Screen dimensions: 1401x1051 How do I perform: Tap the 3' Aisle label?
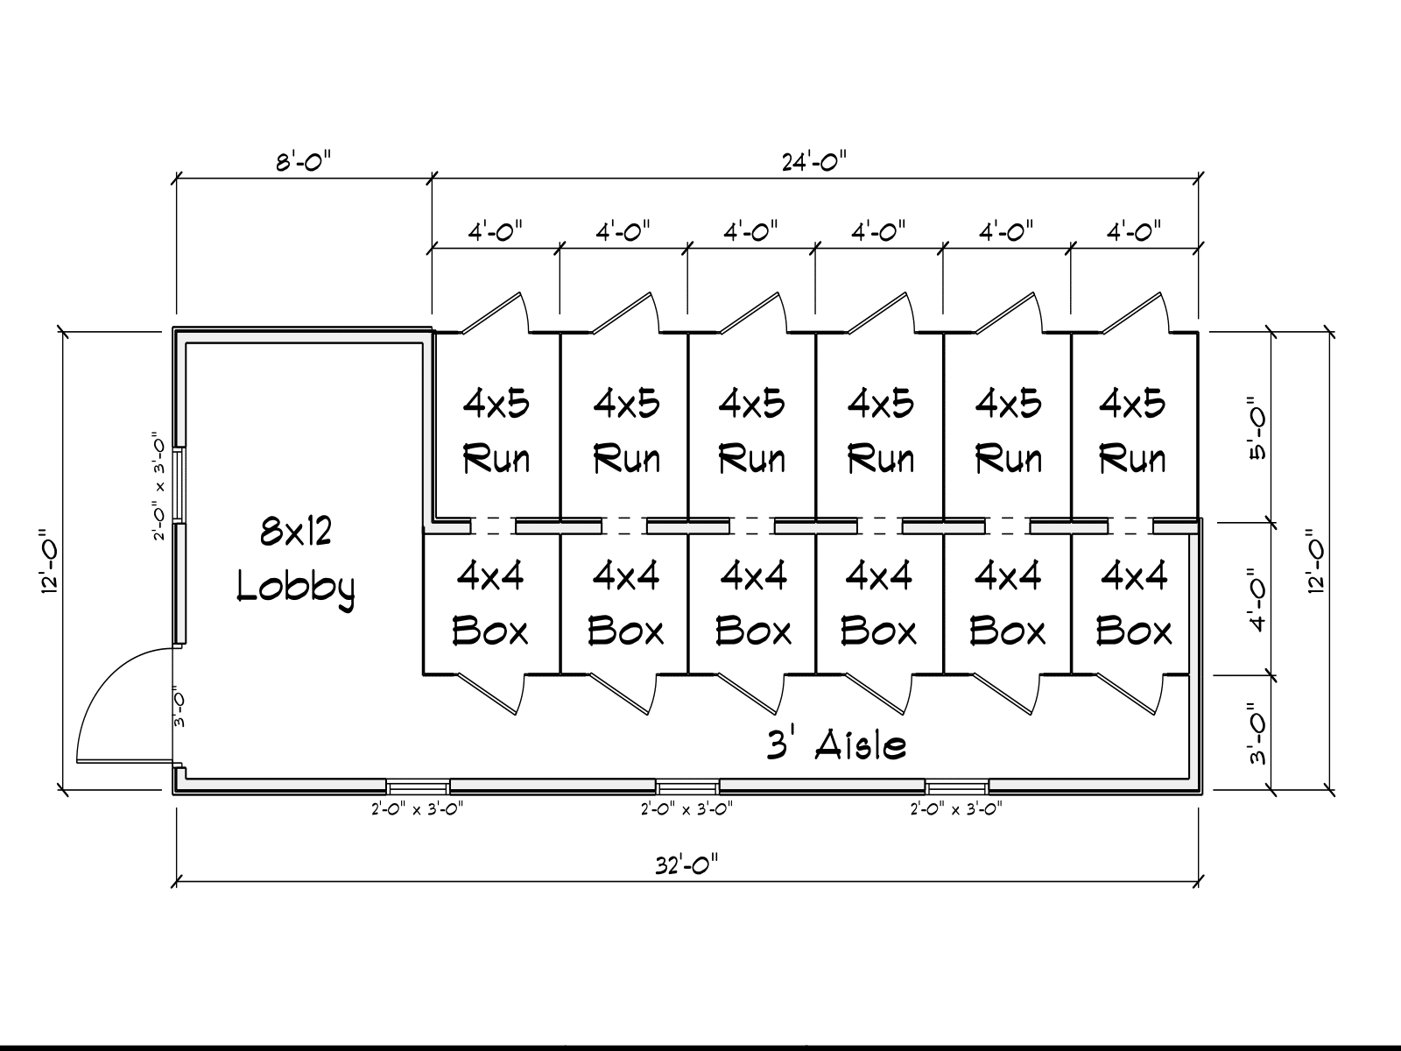(836, 744)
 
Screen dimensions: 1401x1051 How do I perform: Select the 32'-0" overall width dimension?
(686, 866)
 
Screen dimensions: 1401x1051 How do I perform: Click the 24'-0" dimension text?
(814, 162)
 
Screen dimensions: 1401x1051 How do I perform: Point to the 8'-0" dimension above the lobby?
(304, 162)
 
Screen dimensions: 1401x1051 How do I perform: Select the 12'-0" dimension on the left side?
(50, 561)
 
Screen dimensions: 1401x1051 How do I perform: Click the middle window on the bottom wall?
(687, 786)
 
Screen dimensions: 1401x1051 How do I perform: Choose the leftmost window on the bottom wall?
(418, 786)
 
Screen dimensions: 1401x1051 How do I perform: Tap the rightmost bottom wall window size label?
(956, 809)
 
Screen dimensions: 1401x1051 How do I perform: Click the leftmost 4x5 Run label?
(496, 432)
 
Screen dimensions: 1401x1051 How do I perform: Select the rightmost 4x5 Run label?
(1132, 432)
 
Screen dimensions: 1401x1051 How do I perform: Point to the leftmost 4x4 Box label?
(490, 603)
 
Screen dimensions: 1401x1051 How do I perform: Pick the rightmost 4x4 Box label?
(1134, 603)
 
